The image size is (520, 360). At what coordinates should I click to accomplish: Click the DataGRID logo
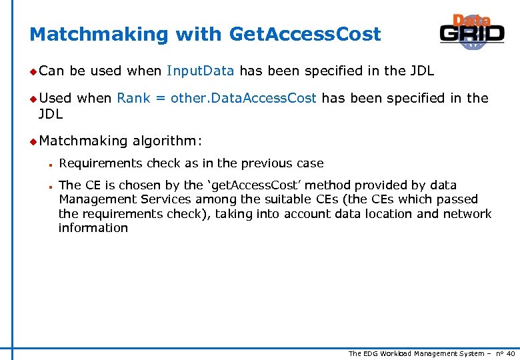click(x=471, y=33)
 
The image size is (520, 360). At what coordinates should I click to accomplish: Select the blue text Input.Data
click(x=200, y=71)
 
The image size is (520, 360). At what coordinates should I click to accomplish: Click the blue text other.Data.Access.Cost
click(x=243, y=98)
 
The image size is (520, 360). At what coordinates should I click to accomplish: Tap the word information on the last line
click(x=93, y=228)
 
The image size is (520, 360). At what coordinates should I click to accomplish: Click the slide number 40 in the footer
click(x=511, y=353)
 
